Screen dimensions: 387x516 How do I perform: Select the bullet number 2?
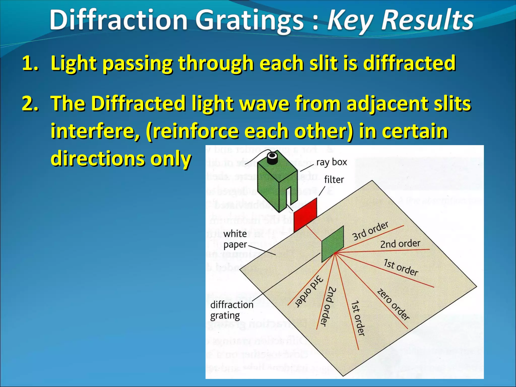30,104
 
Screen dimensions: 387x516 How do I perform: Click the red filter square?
305,215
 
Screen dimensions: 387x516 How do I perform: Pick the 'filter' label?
334,180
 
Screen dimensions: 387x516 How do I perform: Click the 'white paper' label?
235,239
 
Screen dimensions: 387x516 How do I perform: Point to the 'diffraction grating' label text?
232,310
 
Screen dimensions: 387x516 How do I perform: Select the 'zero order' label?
393,304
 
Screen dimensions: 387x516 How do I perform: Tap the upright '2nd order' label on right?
400,244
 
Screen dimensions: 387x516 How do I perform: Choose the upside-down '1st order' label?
358,318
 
